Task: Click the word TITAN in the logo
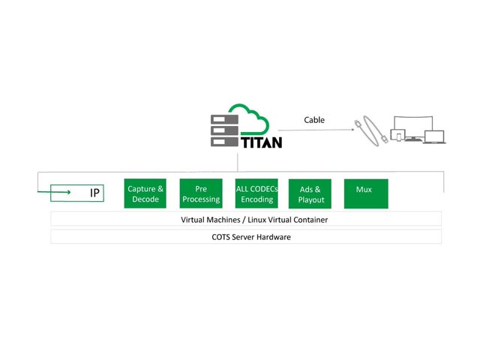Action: (261, 140)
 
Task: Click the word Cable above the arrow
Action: (314, 120)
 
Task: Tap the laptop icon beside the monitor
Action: (434, 136)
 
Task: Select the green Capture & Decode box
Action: (145, 193)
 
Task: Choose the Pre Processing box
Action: (202, 193)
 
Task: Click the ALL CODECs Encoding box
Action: (256, 193)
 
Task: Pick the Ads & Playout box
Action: (310, 193)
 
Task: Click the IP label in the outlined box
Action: (95, 193)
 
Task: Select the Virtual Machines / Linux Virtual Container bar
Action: (246, 220)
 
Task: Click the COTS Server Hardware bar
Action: (246, 237)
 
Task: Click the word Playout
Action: (310, 199)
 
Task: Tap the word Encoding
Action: (256, 199)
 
